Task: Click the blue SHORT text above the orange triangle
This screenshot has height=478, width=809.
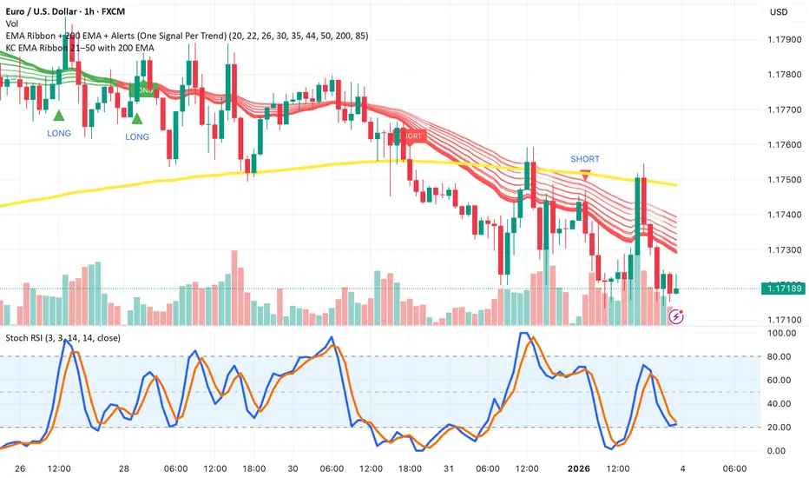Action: (x=585, y=159)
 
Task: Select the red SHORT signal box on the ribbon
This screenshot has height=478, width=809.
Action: (x=411, y=136)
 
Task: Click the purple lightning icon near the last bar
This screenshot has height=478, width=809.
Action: (x=677, y=317)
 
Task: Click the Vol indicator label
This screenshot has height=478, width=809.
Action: (x=12, y=23)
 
